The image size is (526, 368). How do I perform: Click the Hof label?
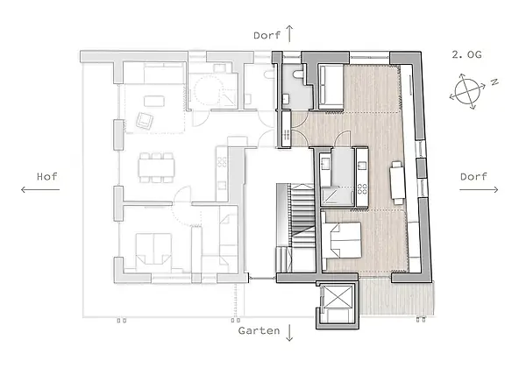click(47, 177)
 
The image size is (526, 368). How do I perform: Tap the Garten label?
click(259, 331)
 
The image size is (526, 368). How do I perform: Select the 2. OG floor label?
click(466, 54)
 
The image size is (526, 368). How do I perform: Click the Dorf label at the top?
click(267, 35)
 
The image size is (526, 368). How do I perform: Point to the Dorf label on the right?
click(473, 177)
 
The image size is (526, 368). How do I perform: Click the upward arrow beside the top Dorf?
click(289, 33)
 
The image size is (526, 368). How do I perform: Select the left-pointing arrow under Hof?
click(40, 190)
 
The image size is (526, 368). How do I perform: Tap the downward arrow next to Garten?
click(289, 332)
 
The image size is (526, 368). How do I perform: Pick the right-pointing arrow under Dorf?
click(479, 190)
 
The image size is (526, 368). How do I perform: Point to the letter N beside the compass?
click(494, 81)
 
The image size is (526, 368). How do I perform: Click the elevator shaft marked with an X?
click(338, 296)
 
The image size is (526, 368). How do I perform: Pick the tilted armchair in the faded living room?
click(145, 120)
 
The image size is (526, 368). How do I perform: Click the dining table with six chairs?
click(157, 167)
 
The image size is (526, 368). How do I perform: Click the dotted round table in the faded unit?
click(207, 91)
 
